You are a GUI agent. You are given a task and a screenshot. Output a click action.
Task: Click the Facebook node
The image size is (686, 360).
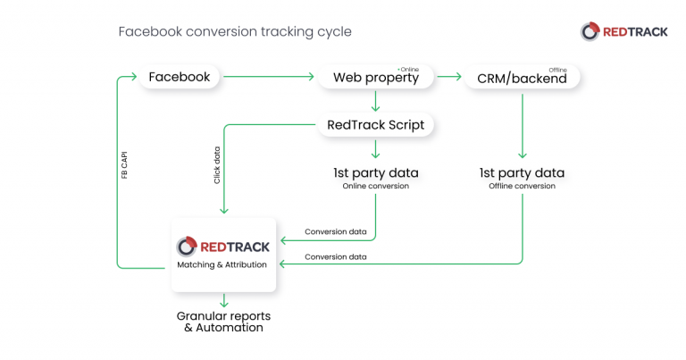(180, 77)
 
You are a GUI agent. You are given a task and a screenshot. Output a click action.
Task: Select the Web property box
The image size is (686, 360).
(375, 78)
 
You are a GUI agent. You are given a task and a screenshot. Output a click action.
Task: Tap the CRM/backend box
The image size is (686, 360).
(522, 79)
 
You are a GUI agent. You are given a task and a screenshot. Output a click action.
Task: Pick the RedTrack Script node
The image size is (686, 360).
(375, 125)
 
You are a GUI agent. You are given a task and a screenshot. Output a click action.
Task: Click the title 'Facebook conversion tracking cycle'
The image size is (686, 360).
(235, 32)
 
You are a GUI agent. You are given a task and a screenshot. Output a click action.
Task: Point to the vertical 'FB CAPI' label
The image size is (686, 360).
(124, 166)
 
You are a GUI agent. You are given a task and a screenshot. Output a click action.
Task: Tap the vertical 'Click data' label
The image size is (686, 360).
(217, 165)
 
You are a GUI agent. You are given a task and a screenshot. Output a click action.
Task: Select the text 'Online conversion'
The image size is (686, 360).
(375, 186)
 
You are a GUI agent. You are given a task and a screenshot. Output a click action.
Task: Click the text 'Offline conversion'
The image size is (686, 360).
(522, 186)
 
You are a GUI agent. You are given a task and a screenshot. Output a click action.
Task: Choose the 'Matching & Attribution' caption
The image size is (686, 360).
(223, 264)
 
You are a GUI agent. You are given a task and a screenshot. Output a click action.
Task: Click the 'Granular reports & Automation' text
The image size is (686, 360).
(223, 322)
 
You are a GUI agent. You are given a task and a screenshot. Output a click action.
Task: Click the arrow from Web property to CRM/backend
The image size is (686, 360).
(449, 78)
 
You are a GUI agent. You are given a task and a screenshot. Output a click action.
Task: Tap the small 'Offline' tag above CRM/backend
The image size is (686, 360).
(557, 68)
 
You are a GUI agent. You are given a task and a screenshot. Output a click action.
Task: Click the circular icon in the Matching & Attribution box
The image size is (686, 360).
(187, 246)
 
